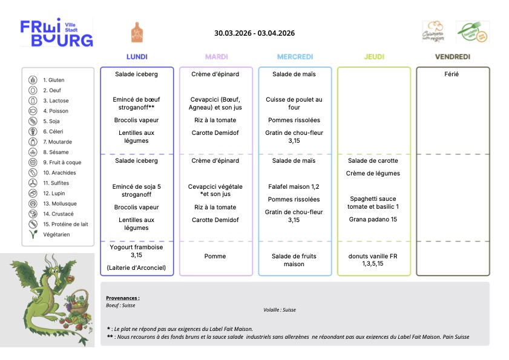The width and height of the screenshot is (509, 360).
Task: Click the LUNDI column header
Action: tap(137, 57)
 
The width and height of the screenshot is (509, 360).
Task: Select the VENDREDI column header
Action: tap(453, 57)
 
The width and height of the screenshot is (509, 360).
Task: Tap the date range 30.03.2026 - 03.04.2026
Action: tap(254, 33)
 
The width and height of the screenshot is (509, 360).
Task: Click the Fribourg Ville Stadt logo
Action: tap(57, 33)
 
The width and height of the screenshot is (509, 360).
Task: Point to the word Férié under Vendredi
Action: tap(452, 74)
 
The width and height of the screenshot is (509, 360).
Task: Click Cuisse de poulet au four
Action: tap(294, 103)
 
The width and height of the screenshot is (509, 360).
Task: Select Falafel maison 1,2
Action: tap(294, 186)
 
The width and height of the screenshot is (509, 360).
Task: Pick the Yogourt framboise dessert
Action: tap(136, 251)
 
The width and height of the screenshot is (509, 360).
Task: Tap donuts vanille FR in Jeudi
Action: tap(373, 256)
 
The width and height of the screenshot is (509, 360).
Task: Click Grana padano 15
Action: tap(373, 220)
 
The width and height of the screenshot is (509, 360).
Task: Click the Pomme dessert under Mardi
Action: tap(215, 256)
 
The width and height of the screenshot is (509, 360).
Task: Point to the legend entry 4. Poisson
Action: tap(56, 111)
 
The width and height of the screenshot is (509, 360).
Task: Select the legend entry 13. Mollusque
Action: tap(60, 204)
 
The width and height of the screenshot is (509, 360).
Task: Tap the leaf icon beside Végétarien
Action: tap(33, 234)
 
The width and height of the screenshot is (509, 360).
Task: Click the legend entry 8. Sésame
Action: tap(56, 152)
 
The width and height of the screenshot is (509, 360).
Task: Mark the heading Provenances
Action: tap(123, 298)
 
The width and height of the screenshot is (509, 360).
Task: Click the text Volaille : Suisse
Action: tap(280, 310)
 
